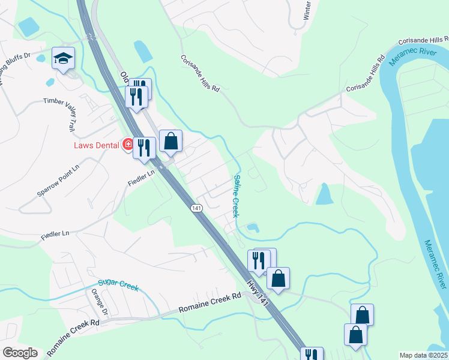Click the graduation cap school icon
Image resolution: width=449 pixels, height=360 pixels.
tap(63, 58)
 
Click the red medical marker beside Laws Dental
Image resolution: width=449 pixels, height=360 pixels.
tap(127, 144)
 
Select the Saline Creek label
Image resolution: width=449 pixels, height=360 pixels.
tap(236, 196)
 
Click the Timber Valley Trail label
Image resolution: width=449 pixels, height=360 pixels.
tap(67, 115)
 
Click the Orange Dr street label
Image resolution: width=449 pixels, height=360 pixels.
tap(100, 304)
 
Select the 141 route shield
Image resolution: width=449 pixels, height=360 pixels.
tap(197, 208)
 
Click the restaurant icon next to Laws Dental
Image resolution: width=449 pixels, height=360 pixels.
tap(144, 148)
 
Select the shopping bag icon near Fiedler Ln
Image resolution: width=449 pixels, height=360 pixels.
tap(170, 142)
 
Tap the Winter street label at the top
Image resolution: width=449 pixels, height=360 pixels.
tap(306, 10)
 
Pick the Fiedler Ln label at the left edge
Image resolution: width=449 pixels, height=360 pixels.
tap(55, 233)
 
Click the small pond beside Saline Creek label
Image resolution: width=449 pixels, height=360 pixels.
tap(253, 228)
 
